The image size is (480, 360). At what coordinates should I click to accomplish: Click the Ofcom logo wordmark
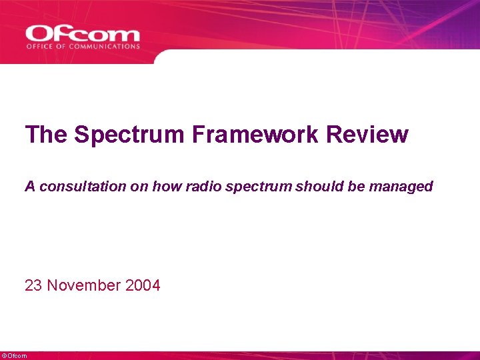(83, 33)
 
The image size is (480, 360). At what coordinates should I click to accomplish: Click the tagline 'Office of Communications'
(83, 47)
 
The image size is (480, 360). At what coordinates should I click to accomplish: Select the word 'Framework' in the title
(256, 135)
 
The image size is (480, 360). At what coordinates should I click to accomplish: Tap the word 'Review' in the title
(367, 135)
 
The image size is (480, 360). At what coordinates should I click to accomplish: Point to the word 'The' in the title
(47, 135)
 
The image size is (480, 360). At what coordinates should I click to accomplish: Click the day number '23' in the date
(33, 286)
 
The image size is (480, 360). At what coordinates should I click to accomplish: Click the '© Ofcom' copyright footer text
(15, 356)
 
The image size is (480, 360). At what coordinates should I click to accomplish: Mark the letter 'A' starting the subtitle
(30, 187)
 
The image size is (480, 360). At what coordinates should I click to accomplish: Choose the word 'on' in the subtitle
(141, 187)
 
